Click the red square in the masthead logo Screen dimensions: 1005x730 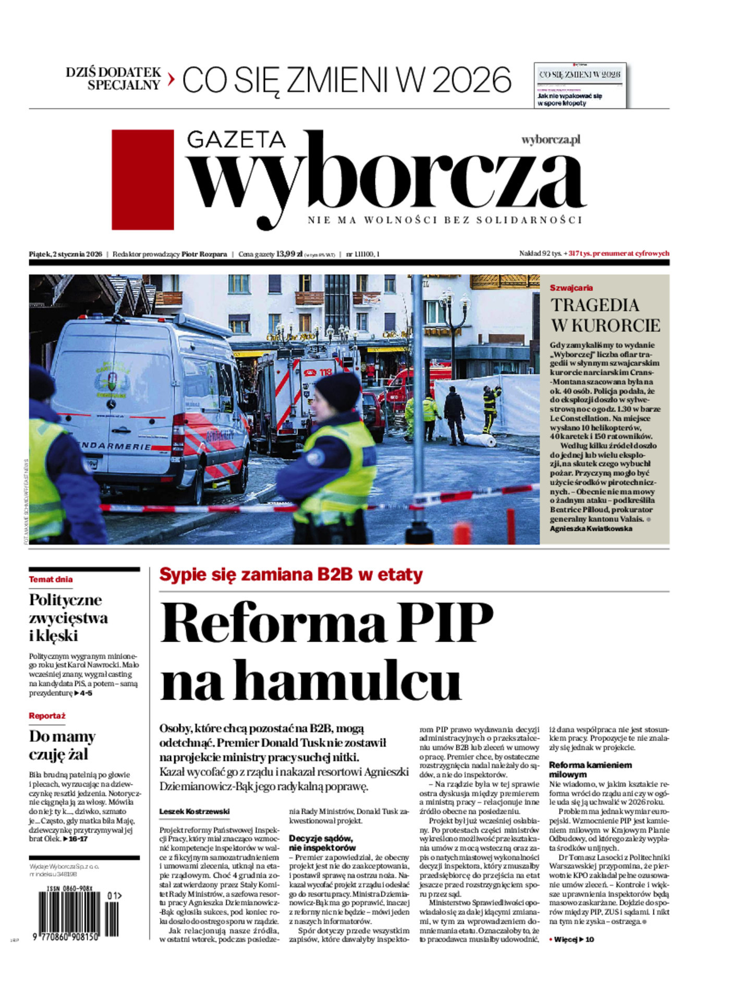click(142, 179)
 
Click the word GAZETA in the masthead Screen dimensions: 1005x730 click(236, 139)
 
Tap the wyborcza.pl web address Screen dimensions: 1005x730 click(551, 140)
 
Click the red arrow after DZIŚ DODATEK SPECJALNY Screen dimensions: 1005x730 click(171, 79)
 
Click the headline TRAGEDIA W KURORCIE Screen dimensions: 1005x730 click(605, 315)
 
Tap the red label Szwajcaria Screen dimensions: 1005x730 click(571, 288)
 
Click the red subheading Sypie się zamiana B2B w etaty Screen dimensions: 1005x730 click(291, 574)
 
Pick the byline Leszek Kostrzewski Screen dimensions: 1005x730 click(194, 811)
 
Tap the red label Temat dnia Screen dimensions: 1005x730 click(51, 579)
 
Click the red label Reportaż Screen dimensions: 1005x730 click(47, 716)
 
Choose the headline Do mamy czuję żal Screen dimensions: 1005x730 click(62, 745)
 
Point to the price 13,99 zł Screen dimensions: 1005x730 click(289, 254)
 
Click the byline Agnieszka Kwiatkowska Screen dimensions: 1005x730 click(591, 529)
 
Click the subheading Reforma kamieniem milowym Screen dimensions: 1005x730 click(590, 769)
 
